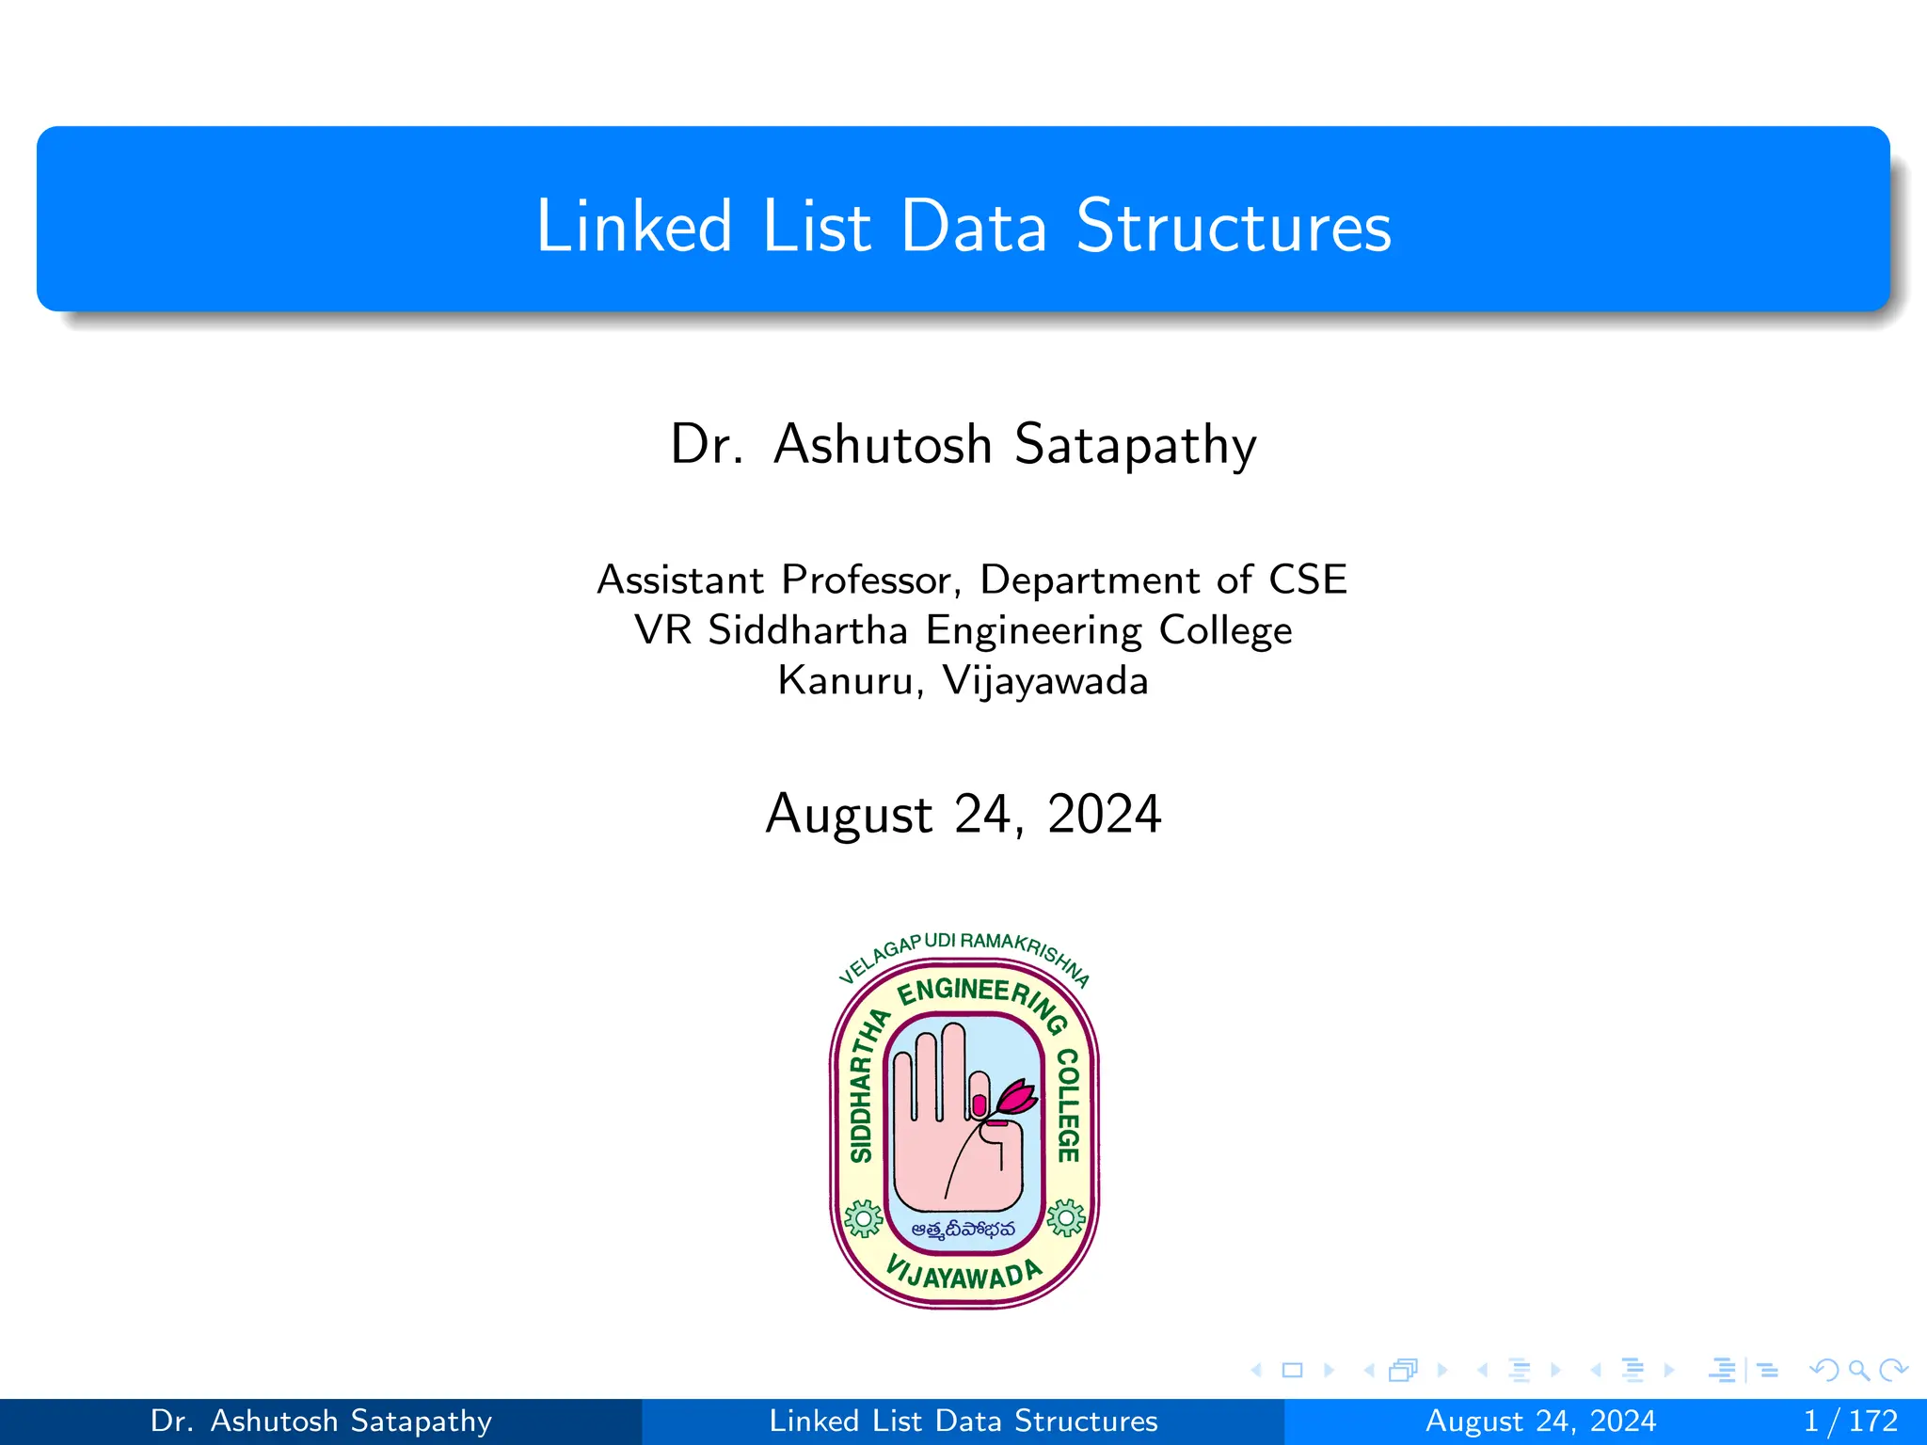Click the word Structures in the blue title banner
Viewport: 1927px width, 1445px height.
click(1233, 227)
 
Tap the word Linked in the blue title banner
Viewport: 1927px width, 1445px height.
click(633, 227)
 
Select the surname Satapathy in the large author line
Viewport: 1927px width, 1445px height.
click(1135, 445)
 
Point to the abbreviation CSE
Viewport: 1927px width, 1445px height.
click(1307, 580)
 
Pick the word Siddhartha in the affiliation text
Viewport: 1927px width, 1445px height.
click(807, 630)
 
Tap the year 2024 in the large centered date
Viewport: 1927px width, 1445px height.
click(1104, 815)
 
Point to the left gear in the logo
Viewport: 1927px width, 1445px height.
click(863, 1218)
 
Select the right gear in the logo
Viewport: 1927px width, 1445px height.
click(1065, 1218)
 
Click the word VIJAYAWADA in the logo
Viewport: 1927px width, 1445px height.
click(963, 1275)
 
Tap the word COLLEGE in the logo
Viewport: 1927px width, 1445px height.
click(1067, 1105)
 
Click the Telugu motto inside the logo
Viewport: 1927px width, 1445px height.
click(963, 1229)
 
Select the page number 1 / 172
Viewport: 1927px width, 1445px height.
click(1850, 1421)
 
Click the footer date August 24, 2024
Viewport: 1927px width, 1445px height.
click(1540, 1421)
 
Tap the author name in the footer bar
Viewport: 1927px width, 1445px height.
click(321, 1421)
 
